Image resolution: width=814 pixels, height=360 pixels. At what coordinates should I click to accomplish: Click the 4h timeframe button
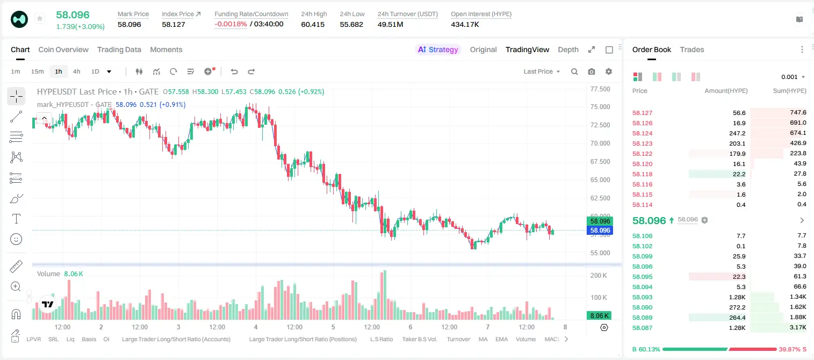[76, 71]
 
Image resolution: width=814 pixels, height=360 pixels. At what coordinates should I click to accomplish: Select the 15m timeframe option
[37, 71]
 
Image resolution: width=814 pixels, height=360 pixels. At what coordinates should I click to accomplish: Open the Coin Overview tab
[63, 49]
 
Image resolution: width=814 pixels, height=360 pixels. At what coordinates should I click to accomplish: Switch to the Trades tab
[692, 49]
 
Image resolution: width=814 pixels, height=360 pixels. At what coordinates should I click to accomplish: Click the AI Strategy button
[438, 49]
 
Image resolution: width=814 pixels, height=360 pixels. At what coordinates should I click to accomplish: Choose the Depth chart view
[568, 49]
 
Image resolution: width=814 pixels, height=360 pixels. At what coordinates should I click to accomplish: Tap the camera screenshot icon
[592, 71]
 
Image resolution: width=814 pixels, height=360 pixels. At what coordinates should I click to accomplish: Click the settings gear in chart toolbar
[609, 71]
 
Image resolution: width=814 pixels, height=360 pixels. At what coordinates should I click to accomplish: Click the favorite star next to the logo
[40, 18]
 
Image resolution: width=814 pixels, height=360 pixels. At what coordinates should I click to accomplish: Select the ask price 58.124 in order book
[642, 133]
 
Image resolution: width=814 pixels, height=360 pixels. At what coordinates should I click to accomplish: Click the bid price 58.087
[642, 328]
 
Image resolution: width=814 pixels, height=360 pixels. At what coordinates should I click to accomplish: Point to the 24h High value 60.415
[313, 24]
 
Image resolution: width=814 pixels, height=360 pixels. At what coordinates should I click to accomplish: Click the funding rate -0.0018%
[230, 24]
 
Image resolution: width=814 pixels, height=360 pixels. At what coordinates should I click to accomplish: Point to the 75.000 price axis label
[600, 107]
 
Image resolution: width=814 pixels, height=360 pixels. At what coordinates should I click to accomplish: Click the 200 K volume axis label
[599, 275]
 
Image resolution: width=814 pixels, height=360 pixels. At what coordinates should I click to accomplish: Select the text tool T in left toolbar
[16, 219]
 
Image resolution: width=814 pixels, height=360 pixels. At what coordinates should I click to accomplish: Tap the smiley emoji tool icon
[16, 239]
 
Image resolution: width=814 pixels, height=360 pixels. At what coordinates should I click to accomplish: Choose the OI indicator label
[106, 339]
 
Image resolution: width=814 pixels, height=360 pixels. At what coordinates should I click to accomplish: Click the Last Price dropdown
[542, 71]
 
